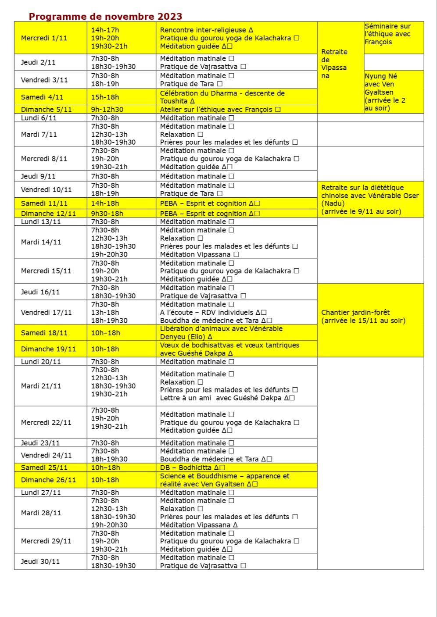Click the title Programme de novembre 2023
pyautogui.click(x=105, y=17)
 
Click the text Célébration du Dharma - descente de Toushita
pyautogui.click(x=222, y=97)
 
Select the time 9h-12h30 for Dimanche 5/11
pyautogui.click(x=107, y=110)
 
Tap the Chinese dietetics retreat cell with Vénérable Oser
pyautogui.click(x=370, y=200)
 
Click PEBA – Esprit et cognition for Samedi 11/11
pyautogui.click(x=210, y=203)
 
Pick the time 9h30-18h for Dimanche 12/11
pyautogui.click(x=107, y=214)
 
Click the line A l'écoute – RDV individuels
pyautogui.click(x=213, y=313)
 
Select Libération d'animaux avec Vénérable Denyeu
pyautogui.click(x=221, y=333)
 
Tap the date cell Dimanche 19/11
pyautogui.click(x=48, y=349)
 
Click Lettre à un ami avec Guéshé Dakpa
pyautogui.click(x=227, y=398)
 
